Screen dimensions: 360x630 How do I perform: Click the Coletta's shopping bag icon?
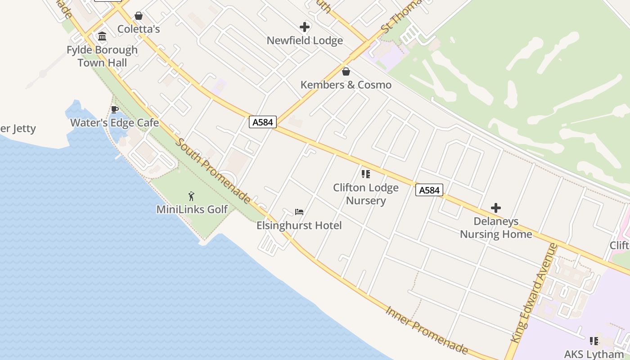coord(139,16)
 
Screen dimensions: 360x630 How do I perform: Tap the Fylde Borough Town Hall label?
coord(102,56)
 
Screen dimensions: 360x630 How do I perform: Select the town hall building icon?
coord(102,36)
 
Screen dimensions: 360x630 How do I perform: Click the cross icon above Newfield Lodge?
coord(305,27)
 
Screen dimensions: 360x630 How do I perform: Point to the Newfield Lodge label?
coord(305,40)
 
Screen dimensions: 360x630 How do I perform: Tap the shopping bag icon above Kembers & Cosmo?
coord(346,72)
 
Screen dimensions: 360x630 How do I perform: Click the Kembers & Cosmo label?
coord(346,85)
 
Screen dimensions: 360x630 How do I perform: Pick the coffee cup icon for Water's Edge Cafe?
coord(114,109)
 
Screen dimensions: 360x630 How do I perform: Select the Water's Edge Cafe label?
coord(114,122)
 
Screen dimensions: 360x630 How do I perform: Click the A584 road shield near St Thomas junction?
coord(262,122)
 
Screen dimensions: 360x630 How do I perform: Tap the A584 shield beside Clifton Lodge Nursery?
coord(429,190)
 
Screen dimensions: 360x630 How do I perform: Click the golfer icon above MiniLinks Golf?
coord(192,196)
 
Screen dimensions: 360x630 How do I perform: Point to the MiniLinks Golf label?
coord(192,209)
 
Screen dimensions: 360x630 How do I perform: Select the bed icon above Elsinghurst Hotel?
coord(299,211)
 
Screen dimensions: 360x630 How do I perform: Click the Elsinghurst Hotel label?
coord(299,225)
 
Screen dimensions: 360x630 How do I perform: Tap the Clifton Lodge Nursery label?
coord(366,194)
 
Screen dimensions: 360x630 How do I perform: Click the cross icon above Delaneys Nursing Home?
coord(496,208)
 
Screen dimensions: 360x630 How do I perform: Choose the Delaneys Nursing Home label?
coord(496,228)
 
